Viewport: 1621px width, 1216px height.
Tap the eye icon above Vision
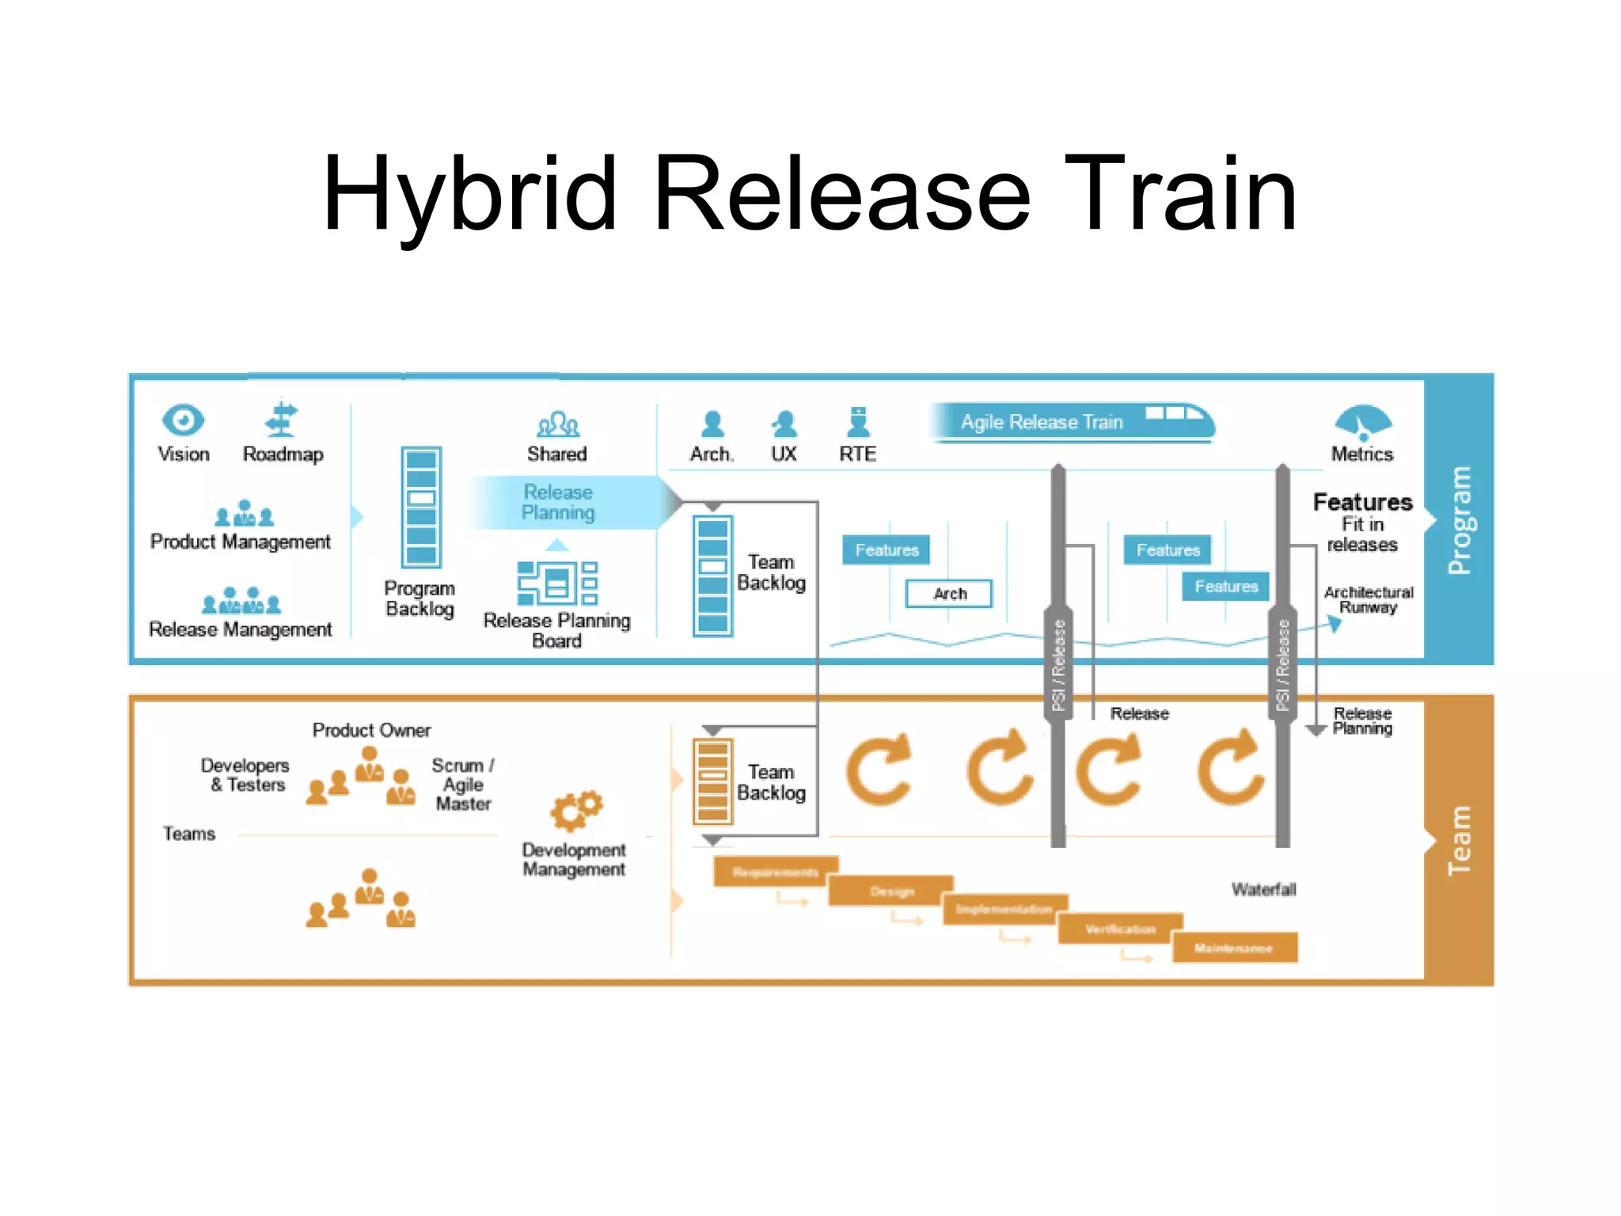(183, 420)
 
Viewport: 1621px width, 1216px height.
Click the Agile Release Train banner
(1070, 422)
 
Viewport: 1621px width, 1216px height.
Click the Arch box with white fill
(949, 594)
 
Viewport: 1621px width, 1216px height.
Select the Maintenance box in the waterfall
(1234, 948)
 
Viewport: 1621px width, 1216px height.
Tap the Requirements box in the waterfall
(775, 872)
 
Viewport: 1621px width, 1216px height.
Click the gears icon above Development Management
(576, 810)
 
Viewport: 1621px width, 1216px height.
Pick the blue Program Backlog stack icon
(421, 507)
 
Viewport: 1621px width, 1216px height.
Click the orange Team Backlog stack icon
(712, 781)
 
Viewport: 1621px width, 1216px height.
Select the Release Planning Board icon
(557, 583)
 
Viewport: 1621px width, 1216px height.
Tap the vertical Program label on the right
(1459, 519)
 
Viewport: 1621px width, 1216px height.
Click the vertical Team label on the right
(1459, 840)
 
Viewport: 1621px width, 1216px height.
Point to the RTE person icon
(858, 423)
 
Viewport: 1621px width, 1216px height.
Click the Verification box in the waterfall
(1120, 929)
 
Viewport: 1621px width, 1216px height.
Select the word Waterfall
(1263, 890)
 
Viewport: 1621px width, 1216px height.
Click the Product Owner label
(371, 730)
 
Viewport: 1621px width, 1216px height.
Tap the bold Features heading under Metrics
(1362, 502)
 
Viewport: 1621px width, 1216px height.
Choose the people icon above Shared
(557, 424)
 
